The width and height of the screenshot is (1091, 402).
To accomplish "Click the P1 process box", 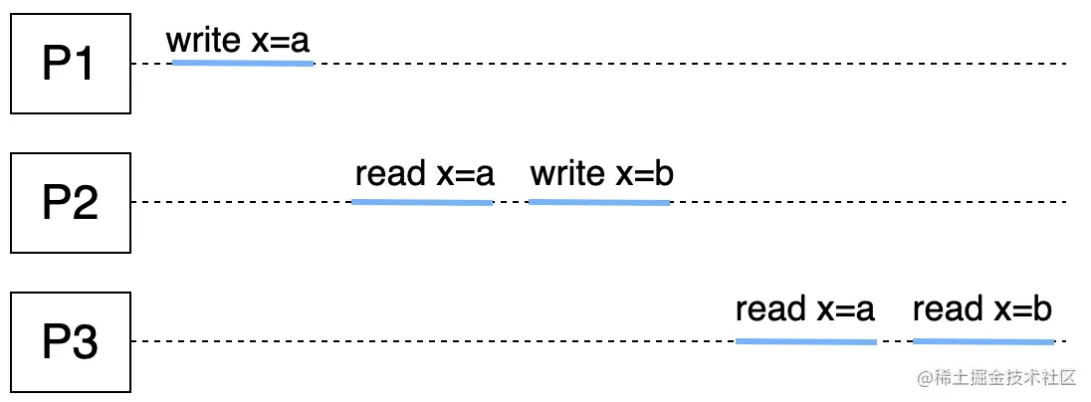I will [x=71, y=64].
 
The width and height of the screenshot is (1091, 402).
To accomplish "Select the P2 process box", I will [x=71, y=203].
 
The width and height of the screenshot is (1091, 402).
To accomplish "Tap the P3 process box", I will [x=71, y=342].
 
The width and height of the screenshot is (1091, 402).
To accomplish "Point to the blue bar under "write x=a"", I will [x=243, y=63].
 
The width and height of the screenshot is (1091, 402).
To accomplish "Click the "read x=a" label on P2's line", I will [x=424, y=174].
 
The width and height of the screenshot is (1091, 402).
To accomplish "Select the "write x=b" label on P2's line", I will [x=601, y=174].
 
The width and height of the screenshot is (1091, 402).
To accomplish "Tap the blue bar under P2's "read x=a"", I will [x=422, y=202].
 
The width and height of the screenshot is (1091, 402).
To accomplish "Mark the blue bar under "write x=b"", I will [x=598, y=202].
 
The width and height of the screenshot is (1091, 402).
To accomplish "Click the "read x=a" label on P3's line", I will [x=804, y=309].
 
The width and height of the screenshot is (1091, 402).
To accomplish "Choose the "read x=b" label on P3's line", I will [x=982, y=309].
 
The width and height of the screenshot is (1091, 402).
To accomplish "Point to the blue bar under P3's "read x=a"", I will [x=806, y=341].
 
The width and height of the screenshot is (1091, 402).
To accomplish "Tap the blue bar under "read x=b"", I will [x=982, y=341].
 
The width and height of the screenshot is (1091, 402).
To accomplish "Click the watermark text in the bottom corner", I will [x=998, y=378].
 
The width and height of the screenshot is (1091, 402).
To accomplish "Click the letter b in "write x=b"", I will [x=664, y=174].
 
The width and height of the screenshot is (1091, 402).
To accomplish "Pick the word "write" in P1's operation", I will [x=203, y=41].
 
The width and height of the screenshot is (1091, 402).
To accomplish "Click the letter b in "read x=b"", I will [x=1042, y=309].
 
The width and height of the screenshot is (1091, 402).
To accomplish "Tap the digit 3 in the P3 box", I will [x=86, y=343].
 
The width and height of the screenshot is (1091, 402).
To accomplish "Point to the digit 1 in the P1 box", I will [x=84, y=65].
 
